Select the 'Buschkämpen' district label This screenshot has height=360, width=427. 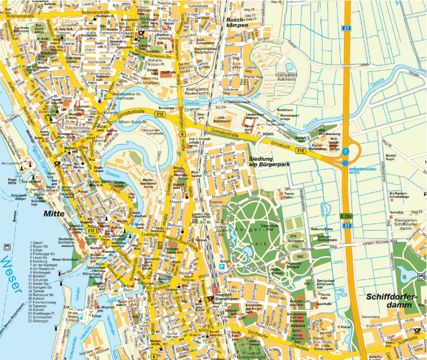(x=237, y=21)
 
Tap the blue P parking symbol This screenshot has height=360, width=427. (x=221, y=267)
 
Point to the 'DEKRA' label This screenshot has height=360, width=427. (x=268, y=134)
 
